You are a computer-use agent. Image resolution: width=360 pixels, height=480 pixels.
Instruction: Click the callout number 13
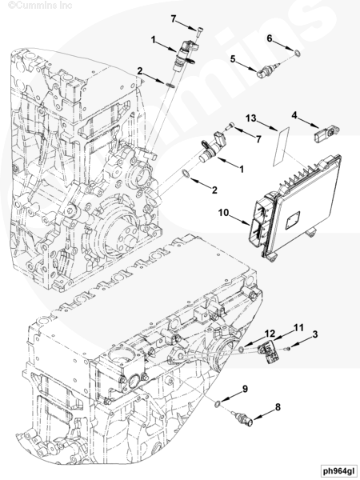(251, 118)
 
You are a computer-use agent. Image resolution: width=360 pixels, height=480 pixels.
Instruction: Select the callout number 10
(223, 213)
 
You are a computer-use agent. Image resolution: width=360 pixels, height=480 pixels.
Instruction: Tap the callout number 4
(294, 116)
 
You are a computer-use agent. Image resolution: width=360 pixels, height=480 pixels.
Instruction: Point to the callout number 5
(233, 58)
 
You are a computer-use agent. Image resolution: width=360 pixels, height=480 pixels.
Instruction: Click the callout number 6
(270, 38)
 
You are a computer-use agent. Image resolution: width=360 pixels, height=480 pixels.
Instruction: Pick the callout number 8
(278, 407)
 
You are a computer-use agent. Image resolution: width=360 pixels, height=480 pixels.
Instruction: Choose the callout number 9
(245, 389)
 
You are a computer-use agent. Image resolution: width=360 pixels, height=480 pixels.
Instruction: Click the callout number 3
(315, 334)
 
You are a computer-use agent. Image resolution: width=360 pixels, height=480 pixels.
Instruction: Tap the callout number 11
(298, 328)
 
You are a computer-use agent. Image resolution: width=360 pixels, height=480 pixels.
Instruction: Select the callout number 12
(270, 334)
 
